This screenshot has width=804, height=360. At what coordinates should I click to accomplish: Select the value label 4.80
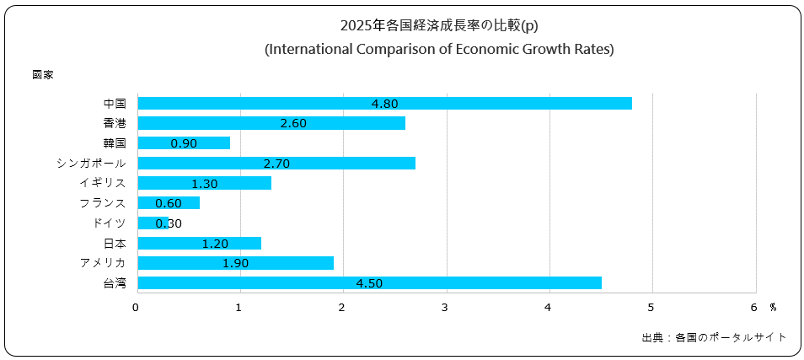point(384,104)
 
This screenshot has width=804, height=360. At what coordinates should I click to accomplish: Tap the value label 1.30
point(204,183)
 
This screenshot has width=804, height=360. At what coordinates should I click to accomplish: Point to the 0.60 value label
point(169,203)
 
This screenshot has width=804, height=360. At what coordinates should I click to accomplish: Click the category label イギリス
point(103,183)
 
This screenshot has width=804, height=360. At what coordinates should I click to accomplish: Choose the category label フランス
point(103,203)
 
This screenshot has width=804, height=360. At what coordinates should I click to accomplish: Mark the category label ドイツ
point(110,223)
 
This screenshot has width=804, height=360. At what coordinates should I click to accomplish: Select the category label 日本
point(115,243)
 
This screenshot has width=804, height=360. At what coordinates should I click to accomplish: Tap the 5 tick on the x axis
point(652,307)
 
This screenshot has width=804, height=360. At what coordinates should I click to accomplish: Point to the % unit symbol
point(772,307)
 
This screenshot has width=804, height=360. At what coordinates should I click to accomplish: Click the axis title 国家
point(43,75)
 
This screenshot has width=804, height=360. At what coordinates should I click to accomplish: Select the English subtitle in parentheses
point(439,49)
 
